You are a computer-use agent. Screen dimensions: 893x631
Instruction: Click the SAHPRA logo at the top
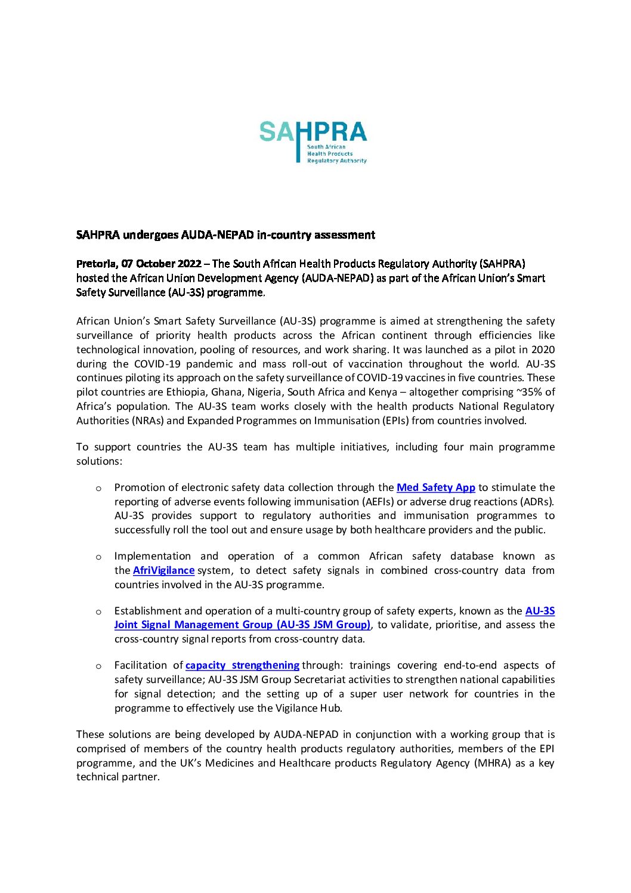(x=313, y=142)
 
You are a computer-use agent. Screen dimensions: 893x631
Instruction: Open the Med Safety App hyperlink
(x=435, y=487)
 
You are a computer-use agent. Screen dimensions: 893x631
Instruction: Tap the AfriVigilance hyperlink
(x=163, y=570)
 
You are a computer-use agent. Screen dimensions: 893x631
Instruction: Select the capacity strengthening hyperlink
(x=242, y=665)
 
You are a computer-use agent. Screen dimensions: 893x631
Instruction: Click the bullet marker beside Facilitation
(x=98, y=666)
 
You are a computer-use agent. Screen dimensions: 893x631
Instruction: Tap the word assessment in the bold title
(x=344, y=235)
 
